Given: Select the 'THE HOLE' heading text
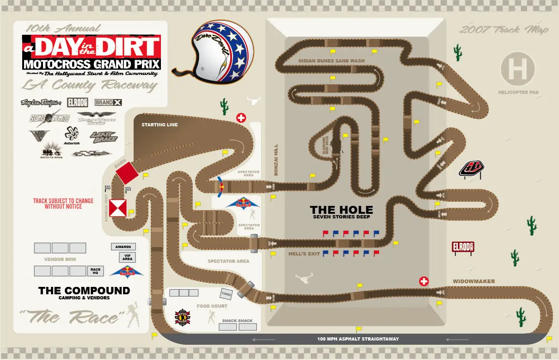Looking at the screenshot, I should click(341, 210).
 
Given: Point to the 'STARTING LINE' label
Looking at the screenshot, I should click(160, 125).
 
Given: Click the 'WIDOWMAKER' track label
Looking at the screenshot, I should click(473, 281).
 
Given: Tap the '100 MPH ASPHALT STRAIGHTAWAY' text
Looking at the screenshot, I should click(358, 339).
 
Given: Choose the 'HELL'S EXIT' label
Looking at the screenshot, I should click(304, 254).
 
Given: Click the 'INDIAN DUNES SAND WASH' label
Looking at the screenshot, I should click(331, 61).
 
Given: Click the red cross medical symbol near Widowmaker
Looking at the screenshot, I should click(424, 281).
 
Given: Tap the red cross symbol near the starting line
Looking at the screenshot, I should click(241, 118).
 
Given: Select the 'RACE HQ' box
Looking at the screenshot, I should click(95, 271).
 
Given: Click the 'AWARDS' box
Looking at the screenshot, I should click(123, 247).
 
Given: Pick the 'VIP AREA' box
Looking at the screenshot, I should click(127, 257).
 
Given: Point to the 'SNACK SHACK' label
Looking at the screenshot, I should click(237, 321).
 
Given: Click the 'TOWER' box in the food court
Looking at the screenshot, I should click(226, 294).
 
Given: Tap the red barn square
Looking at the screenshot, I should click(127, 173).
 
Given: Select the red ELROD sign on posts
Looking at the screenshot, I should click(463, 247).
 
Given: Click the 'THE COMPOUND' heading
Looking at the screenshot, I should click(84, 291).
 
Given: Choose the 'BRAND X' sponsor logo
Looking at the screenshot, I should click(108, 102).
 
